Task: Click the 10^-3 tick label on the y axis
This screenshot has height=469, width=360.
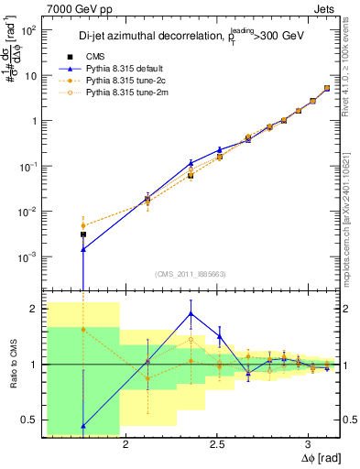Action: pyautogui.click(x=26, y=256)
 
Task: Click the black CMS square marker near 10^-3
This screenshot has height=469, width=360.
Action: pyautogui.click(x=83, y=234)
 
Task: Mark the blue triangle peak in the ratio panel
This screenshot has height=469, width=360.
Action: pyautogui.click(x=191, y=313)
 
